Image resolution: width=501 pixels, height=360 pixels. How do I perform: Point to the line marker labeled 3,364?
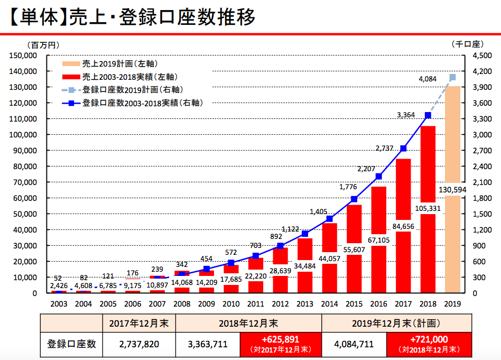coord(428,115)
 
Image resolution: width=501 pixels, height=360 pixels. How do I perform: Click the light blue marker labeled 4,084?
coord(452,77)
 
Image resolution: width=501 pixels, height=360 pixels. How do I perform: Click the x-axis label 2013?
coord(305,304)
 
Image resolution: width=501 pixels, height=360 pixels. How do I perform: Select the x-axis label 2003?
coord(59,304)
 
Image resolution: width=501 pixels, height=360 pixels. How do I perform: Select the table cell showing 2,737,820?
coord(139,344)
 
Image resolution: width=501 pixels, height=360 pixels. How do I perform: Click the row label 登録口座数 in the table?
coord(71,344)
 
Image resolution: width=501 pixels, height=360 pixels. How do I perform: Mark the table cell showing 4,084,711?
coord(354,344)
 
